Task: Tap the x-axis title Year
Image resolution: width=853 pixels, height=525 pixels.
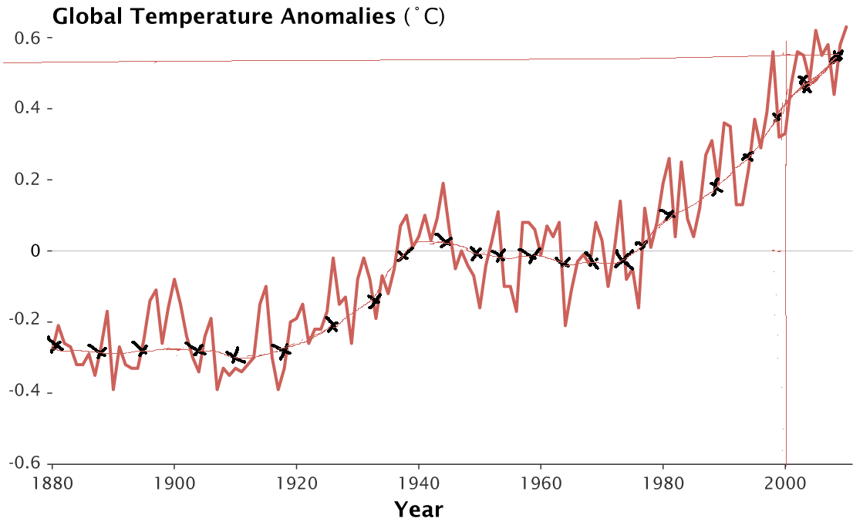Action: tap(418, 509)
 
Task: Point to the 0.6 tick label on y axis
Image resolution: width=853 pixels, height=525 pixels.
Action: tap(26, 38)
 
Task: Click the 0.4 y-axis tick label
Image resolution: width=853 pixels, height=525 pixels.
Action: tap(26, 109)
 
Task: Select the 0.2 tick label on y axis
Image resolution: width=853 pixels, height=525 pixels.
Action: tap(26, 180)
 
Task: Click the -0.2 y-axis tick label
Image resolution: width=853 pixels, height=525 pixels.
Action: tap(23, 321)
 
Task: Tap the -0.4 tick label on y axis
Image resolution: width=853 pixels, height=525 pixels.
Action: tap(23, 392)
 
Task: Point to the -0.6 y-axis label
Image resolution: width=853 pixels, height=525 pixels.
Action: tap(23, 463)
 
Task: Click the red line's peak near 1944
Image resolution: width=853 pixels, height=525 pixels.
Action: tap(443, 183)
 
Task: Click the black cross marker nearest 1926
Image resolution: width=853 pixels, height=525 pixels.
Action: tap(332, 325)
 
